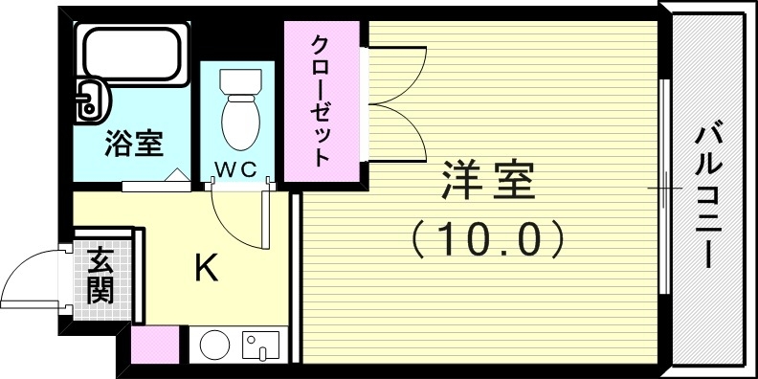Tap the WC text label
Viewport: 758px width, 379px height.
click(234, 169)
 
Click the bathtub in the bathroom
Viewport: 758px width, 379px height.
click(131, 55)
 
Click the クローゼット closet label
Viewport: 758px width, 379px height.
click(321, 99)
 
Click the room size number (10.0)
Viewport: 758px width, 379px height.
click(488, 239)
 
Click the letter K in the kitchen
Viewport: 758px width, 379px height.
click(205, 269)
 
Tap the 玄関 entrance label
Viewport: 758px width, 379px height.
click(99, 275)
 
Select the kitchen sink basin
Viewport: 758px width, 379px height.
click(259, 346)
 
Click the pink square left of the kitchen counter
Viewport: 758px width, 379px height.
click(154, 346)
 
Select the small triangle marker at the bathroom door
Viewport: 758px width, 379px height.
click(177, 176)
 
